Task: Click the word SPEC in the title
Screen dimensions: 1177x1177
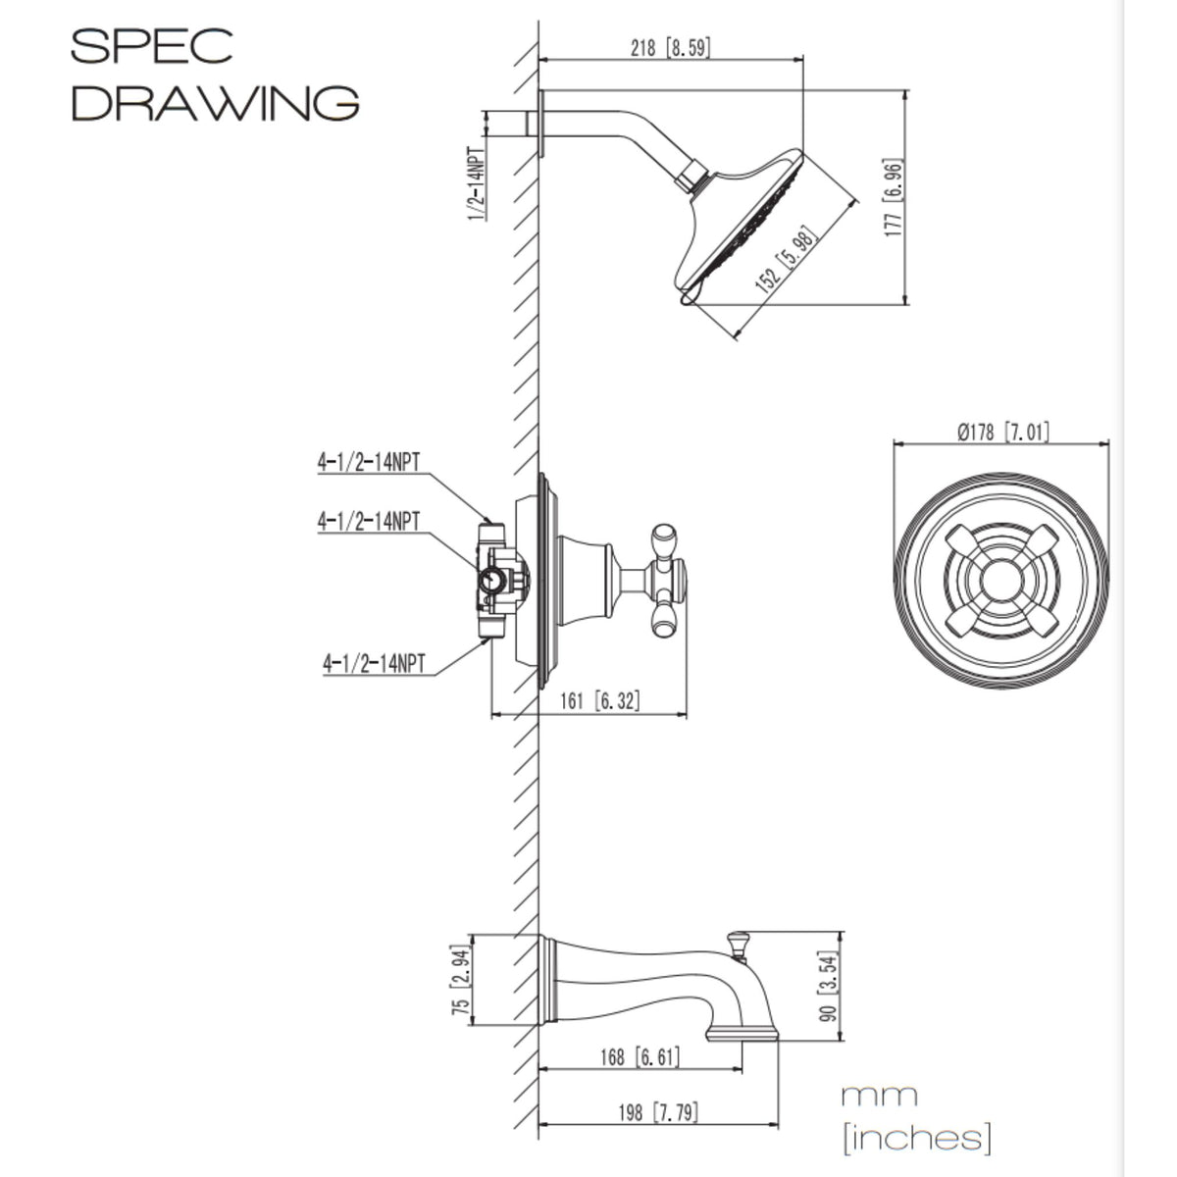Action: pos(152,46)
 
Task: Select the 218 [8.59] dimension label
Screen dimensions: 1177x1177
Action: pos(671,47)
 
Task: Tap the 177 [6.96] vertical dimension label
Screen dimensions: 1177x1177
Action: pos(893,198)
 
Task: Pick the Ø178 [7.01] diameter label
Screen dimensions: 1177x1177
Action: pos(1001,432)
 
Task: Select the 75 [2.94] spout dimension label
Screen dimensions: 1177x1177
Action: pos(459,978)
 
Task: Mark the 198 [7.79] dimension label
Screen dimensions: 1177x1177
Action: pos(658,1112)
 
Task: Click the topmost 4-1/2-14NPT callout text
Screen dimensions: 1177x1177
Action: pos(368,462)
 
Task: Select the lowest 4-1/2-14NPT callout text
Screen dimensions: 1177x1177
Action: pos(374,664)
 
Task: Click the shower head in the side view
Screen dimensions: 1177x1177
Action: pos(741,228)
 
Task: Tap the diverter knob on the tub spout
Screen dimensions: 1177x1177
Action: pos(738,943)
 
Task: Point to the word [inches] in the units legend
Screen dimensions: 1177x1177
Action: pos(916,1138)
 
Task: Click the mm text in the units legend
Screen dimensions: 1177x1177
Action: pos(879,1095)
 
